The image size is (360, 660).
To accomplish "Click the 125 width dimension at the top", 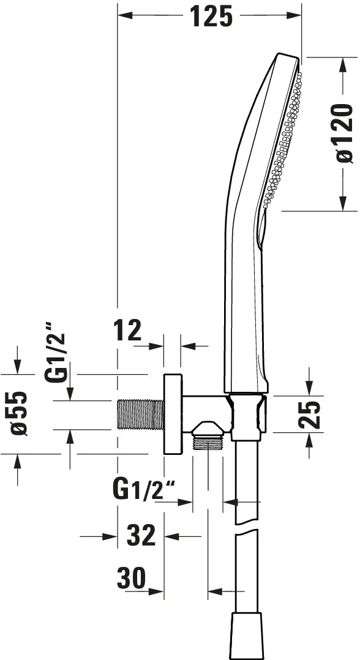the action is (x=211, y=17).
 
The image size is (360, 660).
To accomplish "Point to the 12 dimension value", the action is (x=127, y=331).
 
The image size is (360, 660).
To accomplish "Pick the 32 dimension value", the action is (x=141, y=535).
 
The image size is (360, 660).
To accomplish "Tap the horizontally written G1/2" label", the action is (x=144, y=490).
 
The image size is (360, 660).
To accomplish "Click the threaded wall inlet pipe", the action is (x=141, y=415).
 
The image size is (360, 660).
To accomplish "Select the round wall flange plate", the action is (x=173, y=414).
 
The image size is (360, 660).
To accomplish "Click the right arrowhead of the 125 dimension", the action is (x=294, y=15).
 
